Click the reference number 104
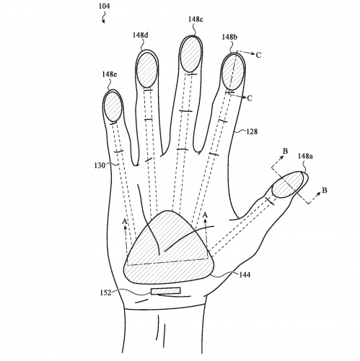click(104, 6)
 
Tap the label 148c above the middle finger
click(196, 19)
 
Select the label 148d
click(140, 35)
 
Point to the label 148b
click(229, 37)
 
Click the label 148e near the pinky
click(109, 74)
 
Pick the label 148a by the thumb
click(305, 156)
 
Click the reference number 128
click(252, 131)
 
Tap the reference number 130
click(100, 165)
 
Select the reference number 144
click(245, 274)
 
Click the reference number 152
click(106, 293)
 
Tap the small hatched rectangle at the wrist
click(166, 291)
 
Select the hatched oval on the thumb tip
click(287, 184)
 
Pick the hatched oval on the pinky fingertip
click(112, 107)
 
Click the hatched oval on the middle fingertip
click(190, 54)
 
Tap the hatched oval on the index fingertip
click(232, 71)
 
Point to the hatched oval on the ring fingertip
click(146, 70)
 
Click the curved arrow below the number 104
click(103, 18)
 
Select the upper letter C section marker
click(258, 55)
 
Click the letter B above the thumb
click(285, 151)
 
